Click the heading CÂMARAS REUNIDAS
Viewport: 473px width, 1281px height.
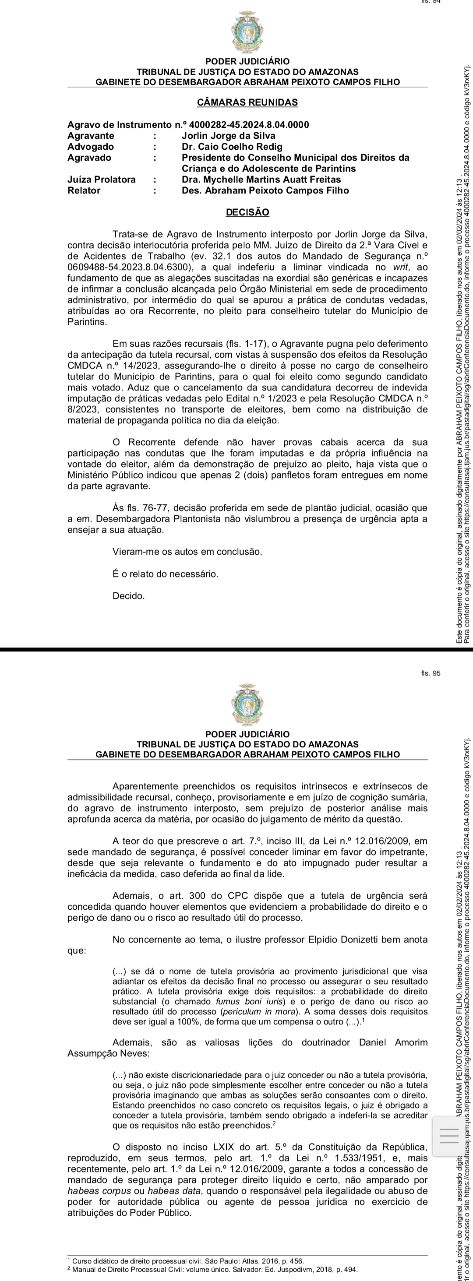pos(247,102)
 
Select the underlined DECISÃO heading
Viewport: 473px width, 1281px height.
pos(247,212)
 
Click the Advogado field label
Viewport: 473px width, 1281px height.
pos(91,147)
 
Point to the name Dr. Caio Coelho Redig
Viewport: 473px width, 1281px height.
pos(232,147)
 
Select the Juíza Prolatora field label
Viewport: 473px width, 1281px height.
pos(102,179)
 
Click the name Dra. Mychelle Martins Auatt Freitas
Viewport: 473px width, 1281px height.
pos(261,179)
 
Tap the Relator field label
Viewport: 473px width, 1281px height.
pos(84,190)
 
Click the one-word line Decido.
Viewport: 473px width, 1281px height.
pos(128,596)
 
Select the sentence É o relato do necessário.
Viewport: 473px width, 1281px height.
pos(165,574)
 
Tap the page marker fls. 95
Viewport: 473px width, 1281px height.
pos(430,673)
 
